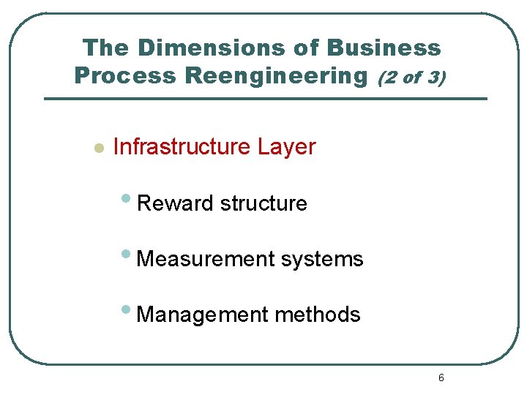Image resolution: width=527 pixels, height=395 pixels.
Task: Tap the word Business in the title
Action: [x=384, y=48]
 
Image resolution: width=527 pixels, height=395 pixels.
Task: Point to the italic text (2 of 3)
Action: [x=411, y=76]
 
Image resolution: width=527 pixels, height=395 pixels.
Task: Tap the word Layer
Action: [x=286, y=146]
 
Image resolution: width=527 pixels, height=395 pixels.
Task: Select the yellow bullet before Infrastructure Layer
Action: [x=100, y=148]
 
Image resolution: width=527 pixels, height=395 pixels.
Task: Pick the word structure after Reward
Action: [x=263, y=203]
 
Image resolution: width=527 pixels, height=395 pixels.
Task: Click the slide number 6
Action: [x=441, y=377]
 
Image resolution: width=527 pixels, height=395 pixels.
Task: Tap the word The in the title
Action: [x=105, y=48]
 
